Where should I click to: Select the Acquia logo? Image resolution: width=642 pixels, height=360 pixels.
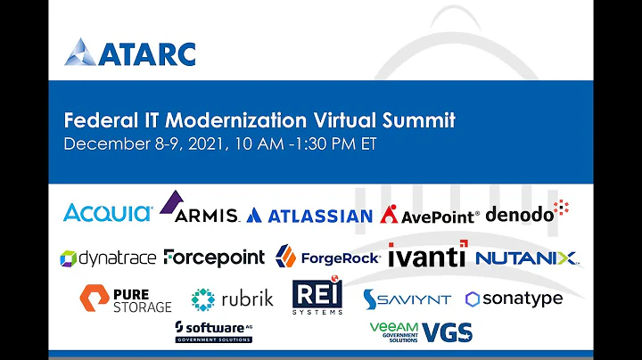pyautogui.click(x=108, y=212)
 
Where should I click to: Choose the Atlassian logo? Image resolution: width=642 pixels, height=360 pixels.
pyautogui.click(x=309, y=216)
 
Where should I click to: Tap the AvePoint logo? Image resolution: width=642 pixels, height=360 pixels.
pyautogui.click(x=430, y=215)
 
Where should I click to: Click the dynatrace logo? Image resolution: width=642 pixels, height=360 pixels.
pyautogui.click(x=108, y=258)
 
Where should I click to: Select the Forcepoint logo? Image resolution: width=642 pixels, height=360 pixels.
pyautogui.click(x=214, y=258)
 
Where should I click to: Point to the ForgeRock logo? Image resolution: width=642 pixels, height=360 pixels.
pyautogui.click(x=328, y=258)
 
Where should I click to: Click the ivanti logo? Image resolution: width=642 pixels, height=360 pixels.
pyautogui.click(x=426, y=255)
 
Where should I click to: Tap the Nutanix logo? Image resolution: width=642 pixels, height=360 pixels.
pyautogui.click(x=527, y=258)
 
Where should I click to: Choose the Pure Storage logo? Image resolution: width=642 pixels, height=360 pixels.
pyautogui.click(x=126, y=299)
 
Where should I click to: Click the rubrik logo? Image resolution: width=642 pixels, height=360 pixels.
pyautogui.click(x=226, y=299)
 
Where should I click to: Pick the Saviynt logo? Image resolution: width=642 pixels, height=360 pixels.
pyautogui.click(x=407, y=299)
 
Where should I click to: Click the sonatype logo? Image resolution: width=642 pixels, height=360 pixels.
pyautogui.click(x=514, y=299)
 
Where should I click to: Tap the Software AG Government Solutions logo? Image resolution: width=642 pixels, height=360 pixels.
pyautogui.click(x=213, y=331)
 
